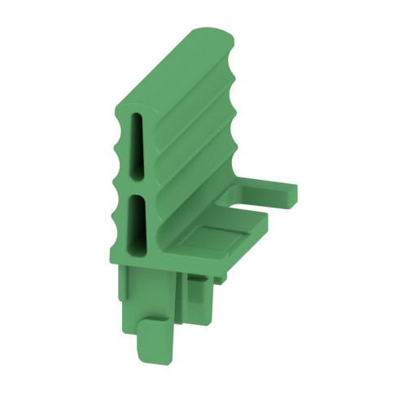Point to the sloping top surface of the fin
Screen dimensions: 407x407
point(175,73)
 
